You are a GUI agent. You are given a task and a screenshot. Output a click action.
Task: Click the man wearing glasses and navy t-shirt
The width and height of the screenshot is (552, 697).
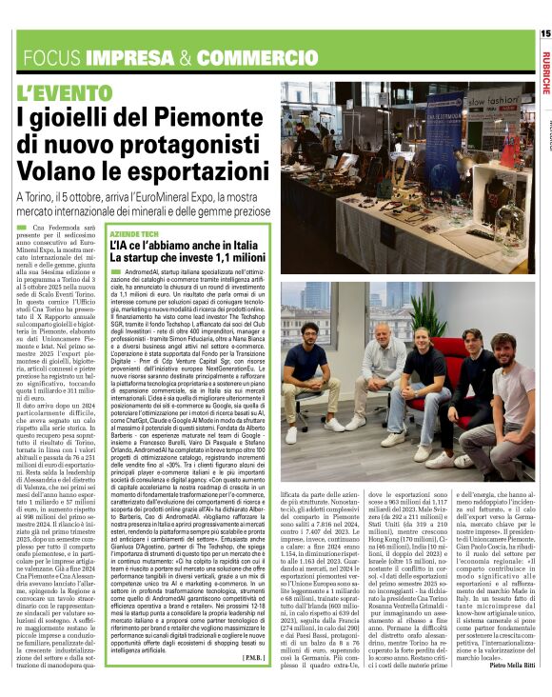310,381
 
